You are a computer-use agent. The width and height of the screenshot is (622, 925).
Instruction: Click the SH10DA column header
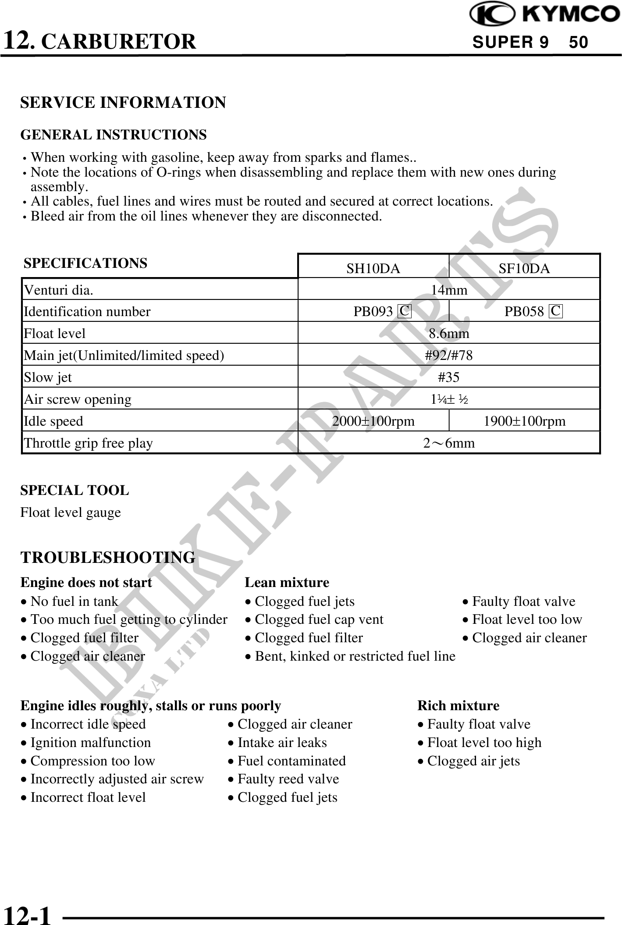(373, 269)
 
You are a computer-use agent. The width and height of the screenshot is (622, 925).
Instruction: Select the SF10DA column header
(524, 269)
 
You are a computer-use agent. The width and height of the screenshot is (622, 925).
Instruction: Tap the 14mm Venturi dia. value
(449, 290)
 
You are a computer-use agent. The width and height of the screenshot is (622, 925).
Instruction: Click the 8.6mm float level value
(449, 334)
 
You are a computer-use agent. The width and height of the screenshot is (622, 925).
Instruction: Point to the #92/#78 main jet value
(449, 355)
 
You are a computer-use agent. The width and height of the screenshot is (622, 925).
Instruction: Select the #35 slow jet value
(449, 377)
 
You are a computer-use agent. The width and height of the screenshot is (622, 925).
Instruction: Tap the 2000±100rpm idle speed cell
(373, 421)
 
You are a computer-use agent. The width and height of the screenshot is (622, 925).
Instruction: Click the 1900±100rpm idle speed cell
(524, 421)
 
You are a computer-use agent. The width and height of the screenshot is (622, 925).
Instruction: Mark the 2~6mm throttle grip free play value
(449, 443)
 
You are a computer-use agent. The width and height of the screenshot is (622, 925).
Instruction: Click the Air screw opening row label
(78, 399)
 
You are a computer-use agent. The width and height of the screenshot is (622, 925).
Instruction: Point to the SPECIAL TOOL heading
(75, 490)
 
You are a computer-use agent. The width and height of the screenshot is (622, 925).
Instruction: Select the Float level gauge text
(71, 512)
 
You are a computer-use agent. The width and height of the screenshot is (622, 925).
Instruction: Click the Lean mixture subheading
(287, 583)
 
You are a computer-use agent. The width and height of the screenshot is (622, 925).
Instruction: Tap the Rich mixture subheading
(458, 705)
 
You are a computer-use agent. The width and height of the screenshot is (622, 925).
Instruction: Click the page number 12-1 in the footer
(27, 915)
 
